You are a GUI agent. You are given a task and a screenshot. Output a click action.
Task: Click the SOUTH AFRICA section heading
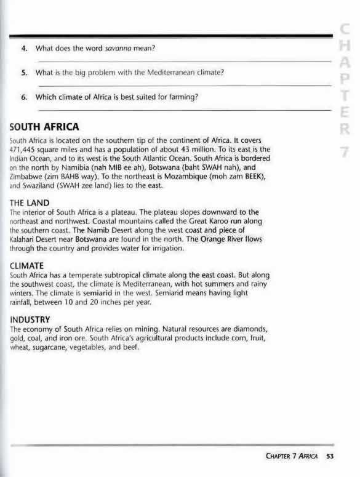pos(44,127)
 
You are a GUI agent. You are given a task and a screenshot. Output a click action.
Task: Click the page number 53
pos(330,456)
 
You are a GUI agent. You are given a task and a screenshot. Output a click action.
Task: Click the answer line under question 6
pos(185,109)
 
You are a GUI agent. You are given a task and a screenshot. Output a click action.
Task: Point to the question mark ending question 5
pos(221,73)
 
